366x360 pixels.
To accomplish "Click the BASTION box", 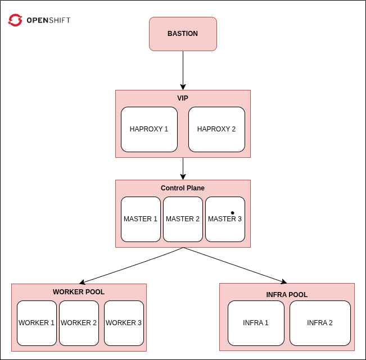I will pos(183,34).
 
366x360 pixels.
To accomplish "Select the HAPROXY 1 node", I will pos(149,129).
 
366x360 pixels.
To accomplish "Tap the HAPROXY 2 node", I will pos(216,129).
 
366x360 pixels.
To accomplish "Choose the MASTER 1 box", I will pos(141,219).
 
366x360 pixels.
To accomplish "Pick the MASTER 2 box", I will pos(183,219).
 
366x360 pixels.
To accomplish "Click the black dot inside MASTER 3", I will pos(232,213).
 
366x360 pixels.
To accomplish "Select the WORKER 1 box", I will pos(37,323).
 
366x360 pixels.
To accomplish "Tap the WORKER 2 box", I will pos(79,323).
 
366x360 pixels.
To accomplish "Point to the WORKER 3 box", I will pos(124,323).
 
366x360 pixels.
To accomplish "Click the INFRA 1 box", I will pos(256,323).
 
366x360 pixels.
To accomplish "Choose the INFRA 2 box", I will pos(320,323).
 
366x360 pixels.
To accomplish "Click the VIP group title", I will pos(183,98).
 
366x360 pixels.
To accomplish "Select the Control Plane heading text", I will pos(183,188).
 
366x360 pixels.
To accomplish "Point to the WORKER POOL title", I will pos(79,292).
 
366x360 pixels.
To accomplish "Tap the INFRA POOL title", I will pos(287,295).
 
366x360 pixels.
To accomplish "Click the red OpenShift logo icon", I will pos(15,21).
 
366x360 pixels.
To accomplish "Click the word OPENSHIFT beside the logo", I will pos(48,21).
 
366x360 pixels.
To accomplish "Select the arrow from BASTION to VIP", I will pos(183,70).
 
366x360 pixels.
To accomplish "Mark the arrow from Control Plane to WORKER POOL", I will pos(132,265).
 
